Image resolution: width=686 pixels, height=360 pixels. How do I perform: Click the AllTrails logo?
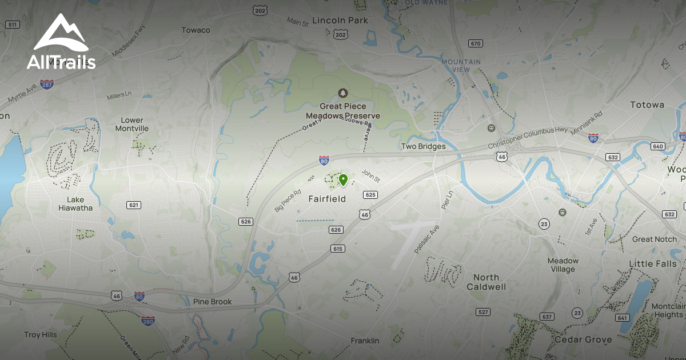pyautogui.click(x=61, y=43)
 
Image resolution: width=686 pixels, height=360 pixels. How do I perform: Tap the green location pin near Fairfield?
pyautogui.click(x=343, y=181)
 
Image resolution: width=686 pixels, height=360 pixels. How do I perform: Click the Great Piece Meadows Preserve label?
pyautogui.click(x=342, y=111)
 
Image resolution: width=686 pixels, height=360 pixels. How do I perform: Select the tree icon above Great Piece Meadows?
pyautogui.click(x=342, y=93)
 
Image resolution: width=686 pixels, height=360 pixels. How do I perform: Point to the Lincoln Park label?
pyautogui.click(x=340, y=21)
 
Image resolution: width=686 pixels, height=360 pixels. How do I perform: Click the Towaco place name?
pyautogui.click(x=196, y=30)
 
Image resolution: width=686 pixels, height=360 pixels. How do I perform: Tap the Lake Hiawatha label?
pyautogui.click(x=75, y=204)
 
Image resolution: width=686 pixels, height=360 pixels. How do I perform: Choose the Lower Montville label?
pyautogui.click(x=132, y=125)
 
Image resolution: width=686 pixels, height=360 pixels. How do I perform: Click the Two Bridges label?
pyautogui.click(x=423, y=147)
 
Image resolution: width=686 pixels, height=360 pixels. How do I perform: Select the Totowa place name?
pyautogui.click(x=647, y=105)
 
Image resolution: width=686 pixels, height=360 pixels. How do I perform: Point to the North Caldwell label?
pyautogui.click(x=486, y=282)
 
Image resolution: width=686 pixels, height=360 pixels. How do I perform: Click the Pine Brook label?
pyautogui.click(x=212, y=302)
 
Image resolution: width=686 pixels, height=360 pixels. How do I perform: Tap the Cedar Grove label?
pyautogui.click(x=583, y=340)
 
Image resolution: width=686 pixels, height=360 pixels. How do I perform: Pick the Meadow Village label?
pyautogui.click(x=563, y=265)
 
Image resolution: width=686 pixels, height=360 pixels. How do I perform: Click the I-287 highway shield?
pyautogui.click(x=47, y=84)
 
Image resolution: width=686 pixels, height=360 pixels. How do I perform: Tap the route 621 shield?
pyautogui.click(x=133, y=205)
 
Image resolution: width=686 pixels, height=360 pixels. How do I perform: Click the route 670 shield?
pyautogui.click(x=475, y=43)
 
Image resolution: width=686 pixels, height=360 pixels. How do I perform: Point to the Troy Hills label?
pyautogui.click(x=40, y=335)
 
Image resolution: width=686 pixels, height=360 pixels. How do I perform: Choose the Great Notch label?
pyautogui.click(x=654, y=239)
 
